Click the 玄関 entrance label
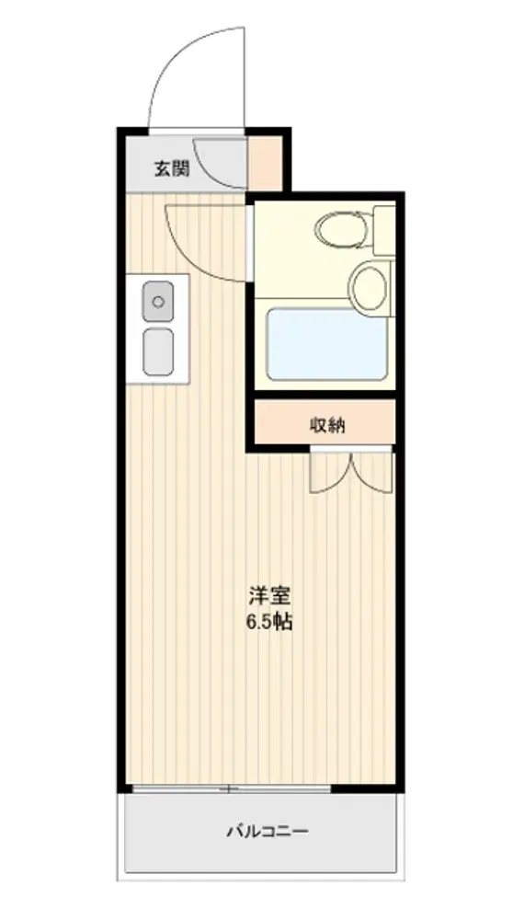click(x=171, y=169)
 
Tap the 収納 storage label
click(x=327, y=425)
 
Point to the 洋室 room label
click(x=269, y=597)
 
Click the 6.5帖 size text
click(x=269, y=622)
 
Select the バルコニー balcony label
click(x=268, y=831)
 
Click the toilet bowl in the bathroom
click(x=342, y=228)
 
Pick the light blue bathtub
click(x=326, y=344)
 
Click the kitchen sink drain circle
click(x=158, y=302)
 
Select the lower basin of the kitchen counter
click(x=158, y=351)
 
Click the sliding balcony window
click(x=231, y=788)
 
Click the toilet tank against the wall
click(x=384, y=229)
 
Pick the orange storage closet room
click(x=325, y=422)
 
